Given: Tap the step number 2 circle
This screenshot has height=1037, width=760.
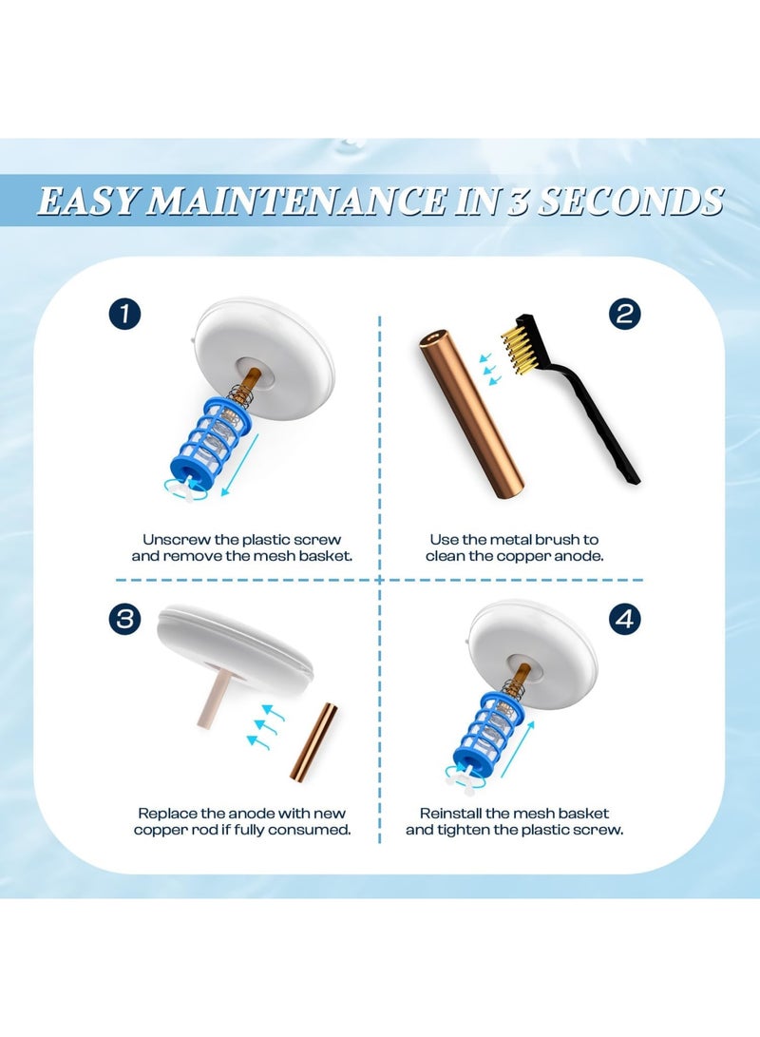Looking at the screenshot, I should (623, 314).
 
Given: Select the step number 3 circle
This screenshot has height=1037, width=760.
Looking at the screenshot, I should (123, 620).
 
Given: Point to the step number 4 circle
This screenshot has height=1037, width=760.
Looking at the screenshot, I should (623, 620).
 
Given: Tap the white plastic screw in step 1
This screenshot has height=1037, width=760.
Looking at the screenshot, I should (194, 493).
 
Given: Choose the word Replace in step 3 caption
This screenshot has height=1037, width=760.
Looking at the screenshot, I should (168, 814).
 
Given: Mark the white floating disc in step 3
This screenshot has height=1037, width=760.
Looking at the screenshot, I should (233, 646).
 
